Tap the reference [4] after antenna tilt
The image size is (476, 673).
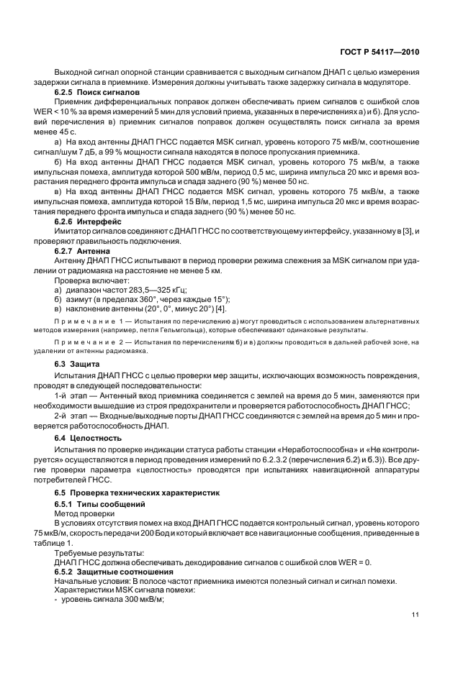[200, 307]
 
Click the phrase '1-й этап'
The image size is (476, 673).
[71, 395]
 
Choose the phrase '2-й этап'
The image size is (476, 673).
[71, 416]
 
